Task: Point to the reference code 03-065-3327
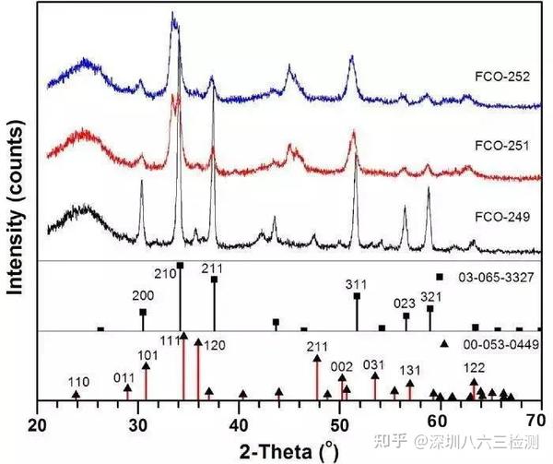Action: point(494,276)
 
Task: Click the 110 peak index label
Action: point(80,381)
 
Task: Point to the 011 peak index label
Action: point(123,375)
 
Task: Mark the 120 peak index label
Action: point(212,343)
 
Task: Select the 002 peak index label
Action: point(340,365)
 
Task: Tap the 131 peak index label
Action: point(411,371)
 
